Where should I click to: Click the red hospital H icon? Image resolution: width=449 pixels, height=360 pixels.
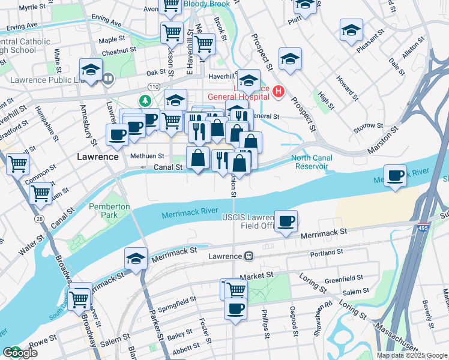tap(278, 91)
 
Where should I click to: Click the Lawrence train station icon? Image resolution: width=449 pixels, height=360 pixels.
tap(247, 256)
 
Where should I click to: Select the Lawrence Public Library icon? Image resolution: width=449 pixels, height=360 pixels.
tap(108, 77)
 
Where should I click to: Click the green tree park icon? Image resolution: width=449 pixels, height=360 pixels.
tap(145, 100)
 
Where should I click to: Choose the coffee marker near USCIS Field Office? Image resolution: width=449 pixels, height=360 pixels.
tap(287, 221)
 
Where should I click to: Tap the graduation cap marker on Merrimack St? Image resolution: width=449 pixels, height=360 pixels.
tap(136, 258)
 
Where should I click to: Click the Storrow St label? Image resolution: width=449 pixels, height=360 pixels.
tap(369, 126)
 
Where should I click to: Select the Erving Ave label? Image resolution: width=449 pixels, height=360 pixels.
tap(22, 27)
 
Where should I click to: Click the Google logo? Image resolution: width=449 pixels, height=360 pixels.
tap(20, 353)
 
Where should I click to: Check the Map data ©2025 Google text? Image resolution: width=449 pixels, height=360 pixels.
tap(411, 355)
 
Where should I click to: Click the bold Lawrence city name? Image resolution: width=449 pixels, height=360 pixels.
tap(98, 156)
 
